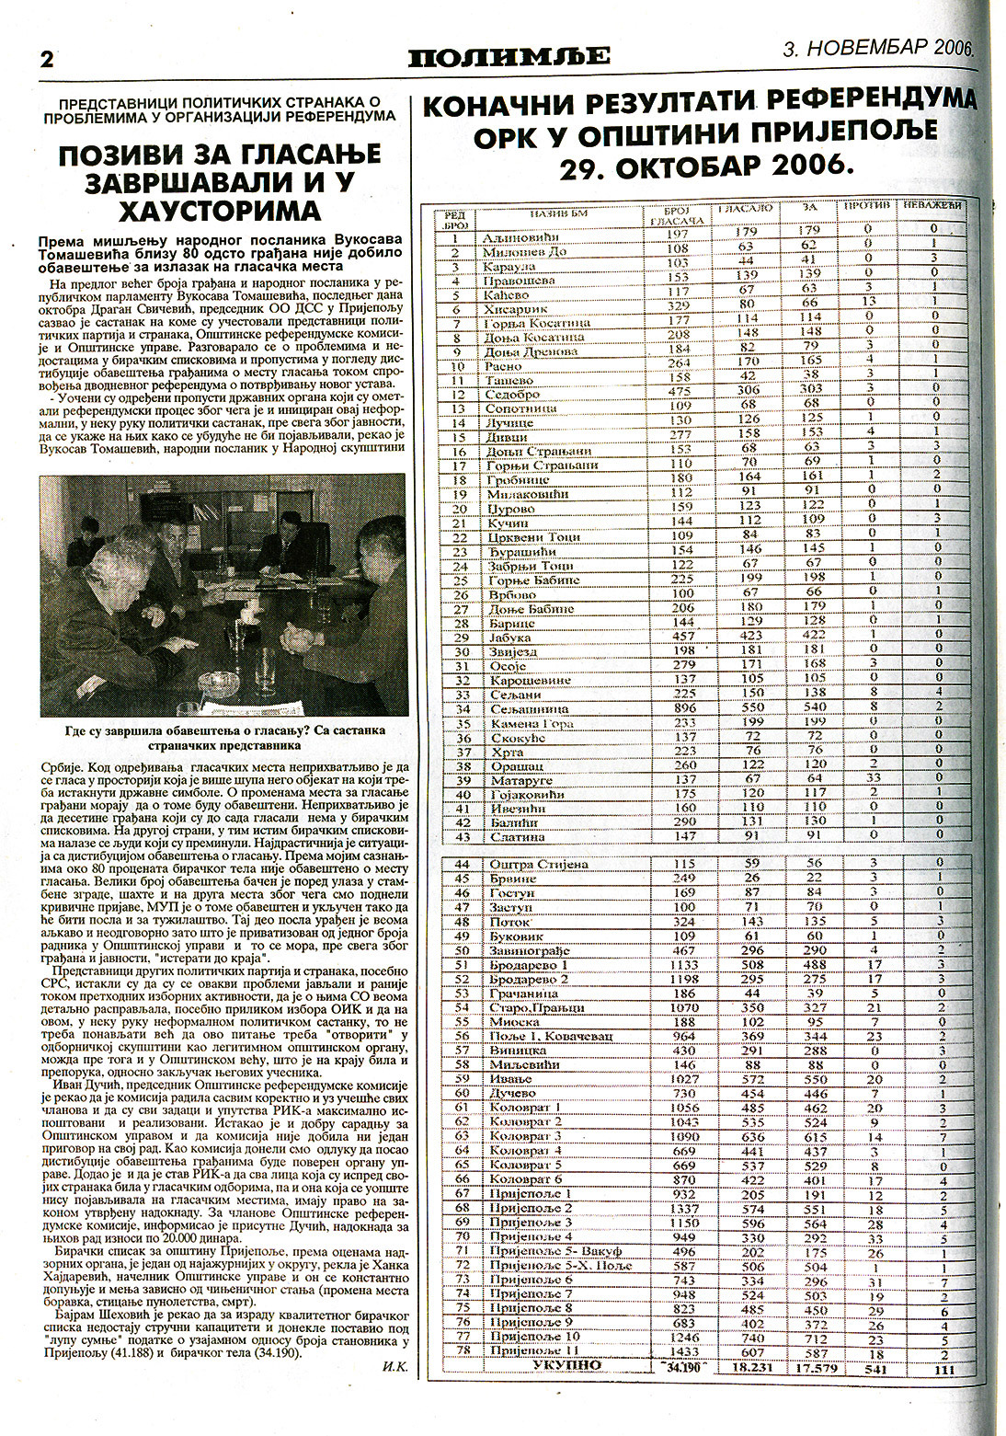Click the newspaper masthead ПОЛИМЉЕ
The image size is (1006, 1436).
pyautogui.click(x=509, y=57)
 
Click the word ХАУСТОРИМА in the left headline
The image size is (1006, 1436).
pyautogui.click(x=217, y=211)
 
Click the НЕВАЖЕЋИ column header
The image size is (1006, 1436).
pyautogui.click(x=932, y=205)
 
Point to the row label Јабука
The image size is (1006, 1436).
pyautogui.click(x=500, y=638)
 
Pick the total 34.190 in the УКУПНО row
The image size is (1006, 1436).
pyautogui.click(x=681, y=1368)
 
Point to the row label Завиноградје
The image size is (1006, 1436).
pyautogui.click(x=529, y=950)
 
